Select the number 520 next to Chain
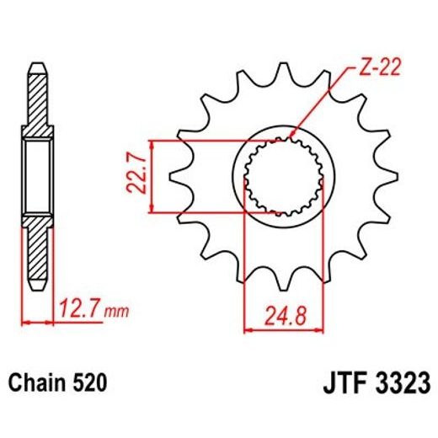pos(89,383)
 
